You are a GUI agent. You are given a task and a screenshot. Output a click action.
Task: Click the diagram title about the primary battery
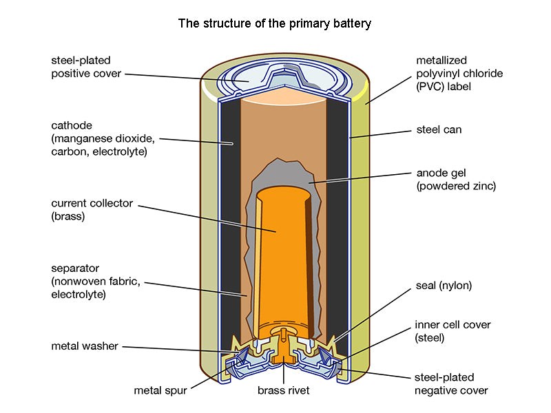point(275,24)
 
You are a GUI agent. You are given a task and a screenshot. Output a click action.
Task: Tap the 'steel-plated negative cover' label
point(451,384)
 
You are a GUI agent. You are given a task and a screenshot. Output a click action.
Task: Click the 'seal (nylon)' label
point(444,285)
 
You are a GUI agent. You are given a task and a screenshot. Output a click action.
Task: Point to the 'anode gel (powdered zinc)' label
point(455,179)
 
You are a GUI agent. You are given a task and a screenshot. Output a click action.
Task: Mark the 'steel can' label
point(439,129)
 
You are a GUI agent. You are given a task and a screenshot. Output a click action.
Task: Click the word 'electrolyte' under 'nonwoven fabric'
point(77,294)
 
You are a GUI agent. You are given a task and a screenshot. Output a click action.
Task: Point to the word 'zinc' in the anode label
point(481,186)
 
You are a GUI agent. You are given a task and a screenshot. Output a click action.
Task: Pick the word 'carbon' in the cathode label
point(67,151)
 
